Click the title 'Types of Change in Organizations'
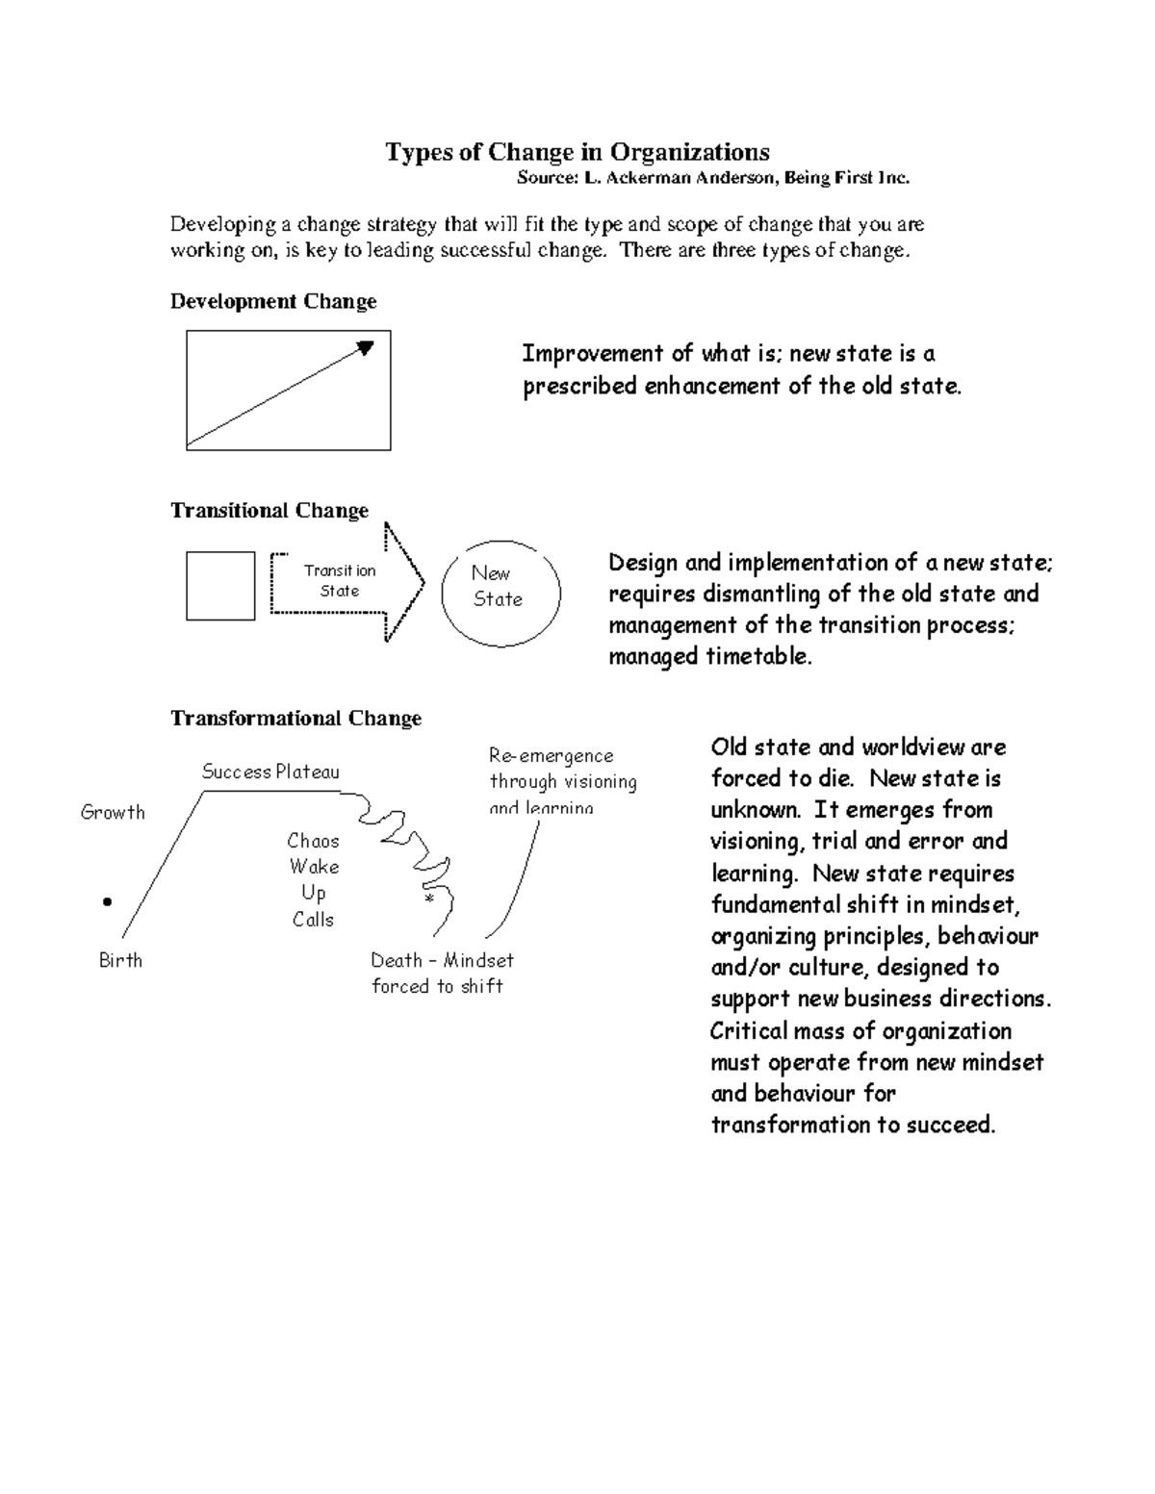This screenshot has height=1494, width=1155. click(577, 152)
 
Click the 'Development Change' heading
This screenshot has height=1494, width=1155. click(273, 301)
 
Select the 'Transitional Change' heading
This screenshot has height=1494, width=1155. click(269, 510)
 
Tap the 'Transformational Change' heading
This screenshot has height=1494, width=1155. click(295, 719)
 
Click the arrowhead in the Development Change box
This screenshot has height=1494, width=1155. click(366, 347)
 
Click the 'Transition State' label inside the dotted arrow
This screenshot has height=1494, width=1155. click(339, 581)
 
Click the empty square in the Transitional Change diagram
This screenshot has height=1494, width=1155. click(220, 586)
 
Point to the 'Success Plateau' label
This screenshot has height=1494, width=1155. click(270, 772)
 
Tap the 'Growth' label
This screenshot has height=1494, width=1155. click(113, 812)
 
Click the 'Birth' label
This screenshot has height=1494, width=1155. click(120, 960)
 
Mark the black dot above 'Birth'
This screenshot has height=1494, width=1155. click(107, 902)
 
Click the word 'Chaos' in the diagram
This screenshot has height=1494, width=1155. click(313, 841)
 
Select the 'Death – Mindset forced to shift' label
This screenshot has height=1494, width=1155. click(441, 973)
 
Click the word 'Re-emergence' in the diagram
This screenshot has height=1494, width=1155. click(551, 756)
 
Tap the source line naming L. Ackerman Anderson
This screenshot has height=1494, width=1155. click(712, 178)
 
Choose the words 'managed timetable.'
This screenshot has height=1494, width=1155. click(710, 657)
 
